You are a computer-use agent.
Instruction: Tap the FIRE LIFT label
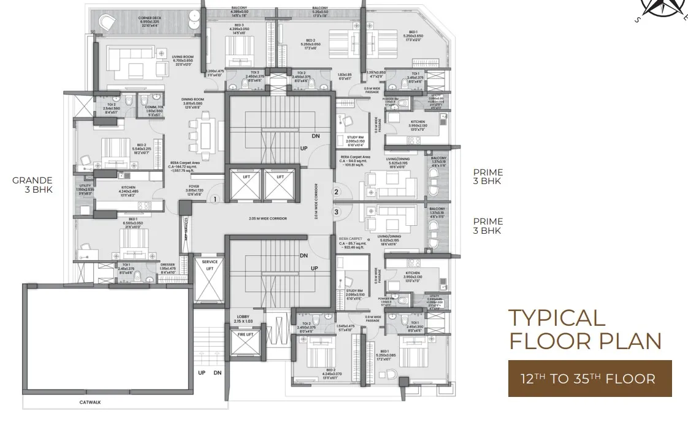[x=245, y=334]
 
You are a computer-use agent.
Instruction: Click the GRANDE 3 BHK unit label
[x=32, y=185]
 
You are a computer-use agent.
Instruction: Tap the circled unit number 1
[x=215, y=199]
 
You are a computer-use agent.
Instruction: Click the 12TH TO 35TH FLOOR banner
[x=589, y=378]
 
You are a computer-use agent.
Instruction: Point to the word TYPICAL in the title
[x=557, y=318]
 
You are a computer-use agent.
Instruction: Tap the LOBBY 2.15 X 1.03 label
[x=244, y=319]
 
